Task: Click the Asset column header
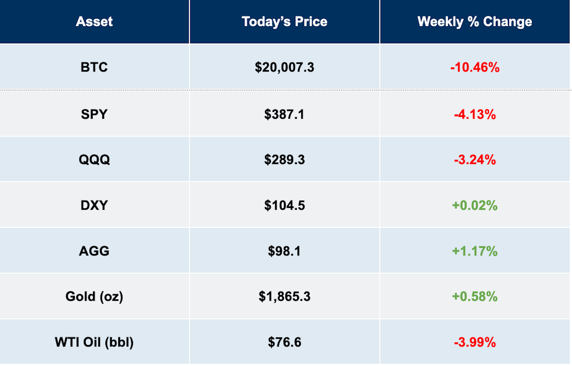coord(94,21)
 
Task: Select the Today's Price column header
coord(285,21)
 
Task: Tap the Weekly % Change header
coord(475,22)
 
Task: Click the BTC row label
coord(94,67)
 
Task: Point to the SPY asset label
coord(94,114)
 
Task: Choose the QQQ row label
coord(94,160)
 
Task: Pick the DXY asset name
coord(94,205)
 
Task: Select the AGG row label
coord(94,251)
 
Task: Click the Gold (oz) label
coord(94,296)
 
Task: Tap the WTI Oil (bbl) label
coord(94,342)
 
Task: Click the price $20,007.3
coord(285,67)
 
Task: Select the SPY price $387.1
coord(285,114)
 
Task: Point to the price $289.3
coord(285,160)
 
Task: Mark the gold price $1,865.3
coord(285,296)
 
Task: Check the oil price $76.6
coord(285,342)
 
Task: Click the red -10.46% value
coord(475,67)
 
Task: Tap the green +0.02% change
coord(475,205)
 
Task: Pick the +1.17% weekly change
coord(475,251)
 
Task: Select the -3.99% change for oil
coord(475,342)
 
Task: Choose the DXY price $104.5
coord(285,205)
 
